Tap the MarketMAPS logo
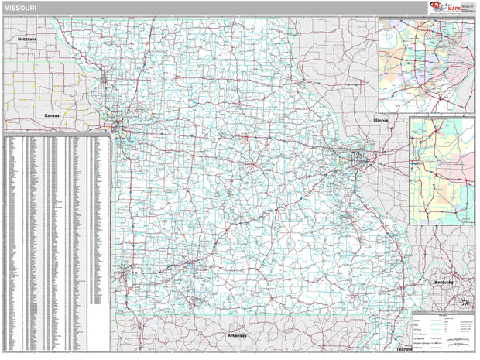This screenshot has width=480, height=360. click(444, 8)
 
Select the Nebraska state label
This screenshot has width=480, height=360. click(29, 38)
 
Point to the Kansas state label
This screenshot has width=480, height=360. click(52, 115)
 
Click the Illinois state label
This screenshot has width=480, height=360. click(380, 121)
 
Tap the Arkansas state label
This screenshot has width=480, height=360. click(237, 335)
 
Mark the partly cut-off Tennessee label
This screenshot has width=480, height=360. click(403, 350)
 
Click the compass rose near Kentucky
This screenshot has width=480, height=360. click(465, 303)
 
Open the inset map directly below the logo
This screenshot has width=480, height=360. click(426, 65)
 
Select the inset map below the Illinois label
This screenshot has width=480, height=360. click(441, 171)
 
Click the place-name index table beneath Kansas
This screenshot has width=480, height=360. click(56, 232)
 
